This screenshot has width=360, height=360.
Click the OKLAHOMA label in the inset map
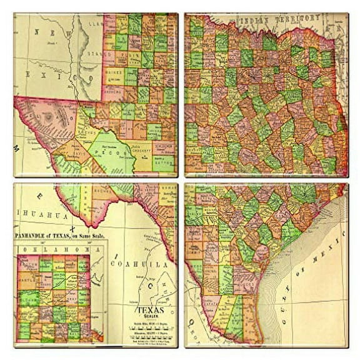53,249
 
